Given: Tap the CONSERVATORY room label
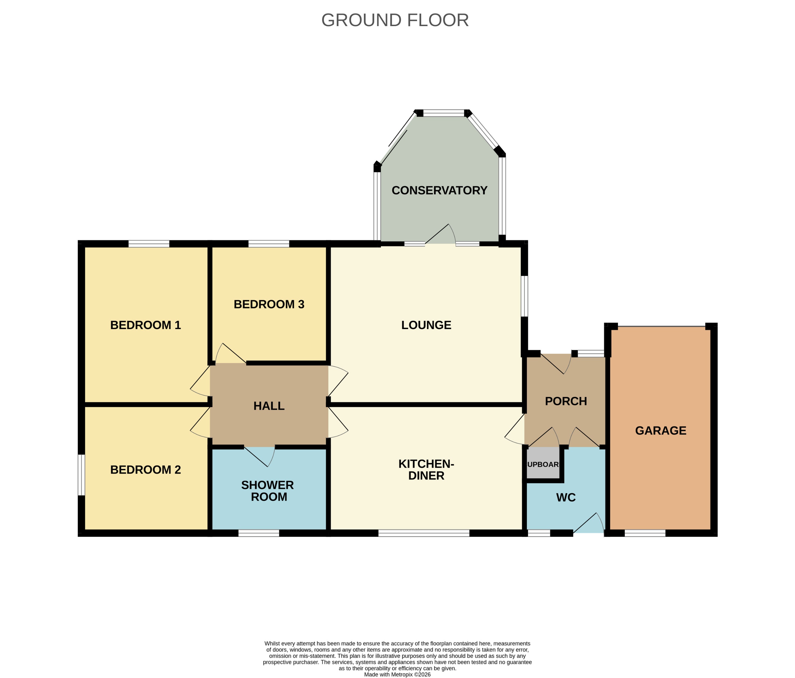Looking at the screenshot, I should [439, 190].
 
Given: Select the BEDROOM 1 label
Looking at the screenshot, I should [145, 325].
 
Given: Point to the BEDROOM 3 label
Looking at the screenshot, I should [269, 305].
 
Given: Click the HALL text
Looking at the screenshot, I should [269, 406].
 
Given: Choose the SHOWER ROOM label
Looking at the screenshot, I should [268, 491].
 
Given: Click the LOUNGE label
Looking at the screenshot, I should [426, 325].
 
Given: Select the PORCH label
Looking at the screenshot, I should [566, 401].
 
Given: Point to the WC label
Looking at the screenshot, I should [566, 497].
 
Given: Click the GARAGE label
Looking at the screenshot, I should [660, 431].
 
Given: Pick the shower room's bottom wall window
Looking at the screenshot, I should [259, 533].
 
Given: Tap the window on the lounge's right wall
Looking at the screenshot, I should [524, 296].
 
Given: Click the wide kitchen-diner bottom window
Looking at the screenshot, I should [424, 533].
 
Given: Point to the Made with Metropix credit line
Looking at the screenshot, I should [397, 675].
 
